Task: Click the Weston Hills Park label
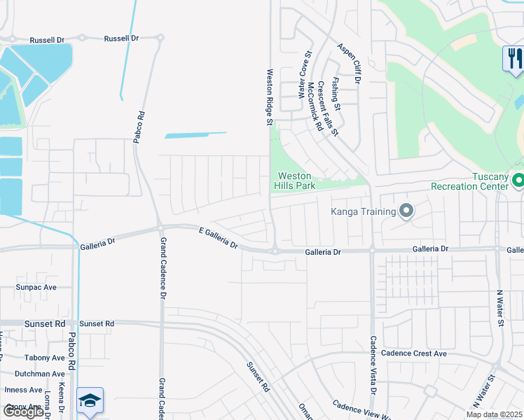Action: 297,181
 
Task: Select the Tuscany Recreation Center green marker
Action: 518,181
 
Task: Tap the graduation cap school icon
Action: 90,400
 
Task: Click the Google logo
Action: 23,412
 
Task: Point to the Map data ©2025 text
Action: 495,414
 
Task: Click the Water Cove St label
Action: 305,74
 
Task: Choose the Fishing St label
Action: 336,94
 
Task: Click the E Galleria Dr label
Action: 219,238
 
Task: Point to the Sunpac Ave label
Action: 36,287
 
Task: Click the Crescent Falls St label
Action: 328,108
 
